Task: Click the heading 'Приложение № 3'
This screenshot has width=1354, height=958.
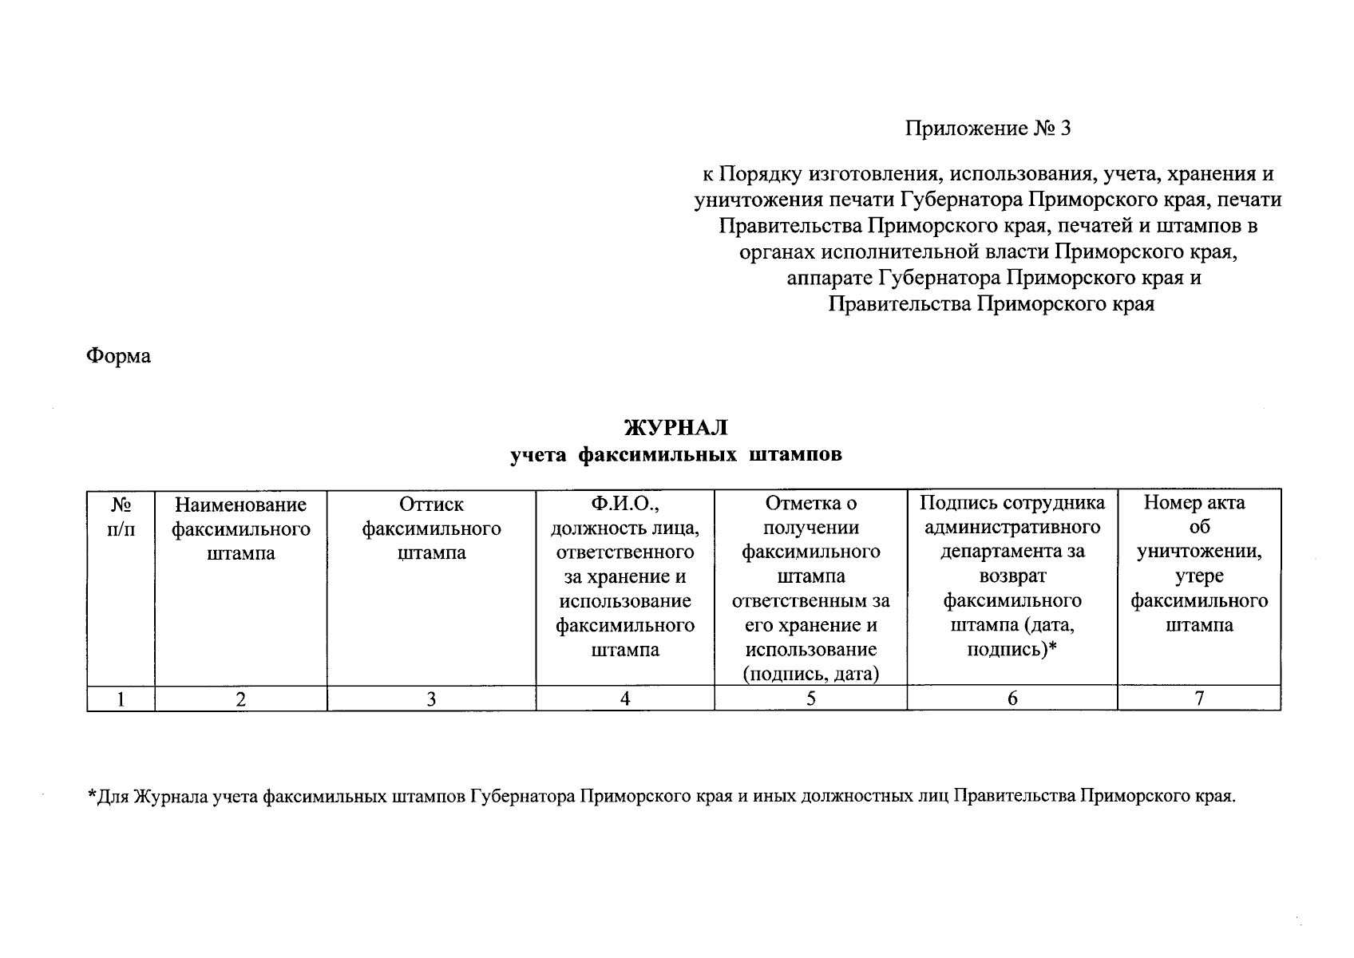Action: tap(987, 129)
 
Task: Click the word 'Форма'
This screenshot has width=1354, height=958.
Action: tap(118, 355)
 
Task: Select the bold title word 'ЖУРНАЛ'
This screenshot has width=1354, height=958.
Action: tap(676, 428)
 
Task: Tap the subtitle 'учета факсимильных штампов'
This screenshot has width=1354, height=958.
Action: tap(676, 455)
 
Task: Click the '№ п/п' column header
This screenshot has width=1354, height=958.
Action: tap(121, 517)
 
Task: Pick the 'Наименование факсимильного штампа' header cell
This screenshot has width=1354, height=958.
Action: tap(240, 528)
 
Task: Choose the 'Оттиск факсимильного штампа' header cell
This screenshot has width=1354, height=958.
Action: tap(431, 528)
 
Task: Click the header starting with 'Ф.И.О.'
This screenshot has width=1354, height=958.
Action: tap(625, 576)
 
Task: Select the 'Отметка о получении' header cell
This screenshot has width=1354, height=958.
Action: tap(810, 588)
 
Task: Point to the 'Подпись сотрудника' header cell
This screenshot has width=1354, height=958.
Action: tap(1012, 576)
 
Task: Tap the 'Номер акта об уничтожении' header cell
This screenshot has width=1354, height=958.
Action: tap(1199, 564)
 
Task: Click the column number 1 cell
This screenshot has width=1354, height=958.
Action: tap(121, 699)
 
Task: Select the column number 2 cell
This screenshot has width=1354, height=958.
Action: tap(240, 699)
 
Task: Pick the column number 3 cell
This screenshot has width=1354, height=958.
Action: tap(431, 699)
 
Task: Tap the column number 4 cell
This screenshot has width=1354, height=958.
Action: tap(625, 699)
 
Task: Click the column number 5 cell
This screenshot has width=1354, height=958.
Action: tap(810, 699)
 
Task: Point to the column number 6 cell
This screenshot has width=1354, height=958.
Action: tap(1012, 699)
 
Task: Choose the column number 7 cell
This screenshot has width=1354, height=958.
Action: tap(1199, 699)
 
